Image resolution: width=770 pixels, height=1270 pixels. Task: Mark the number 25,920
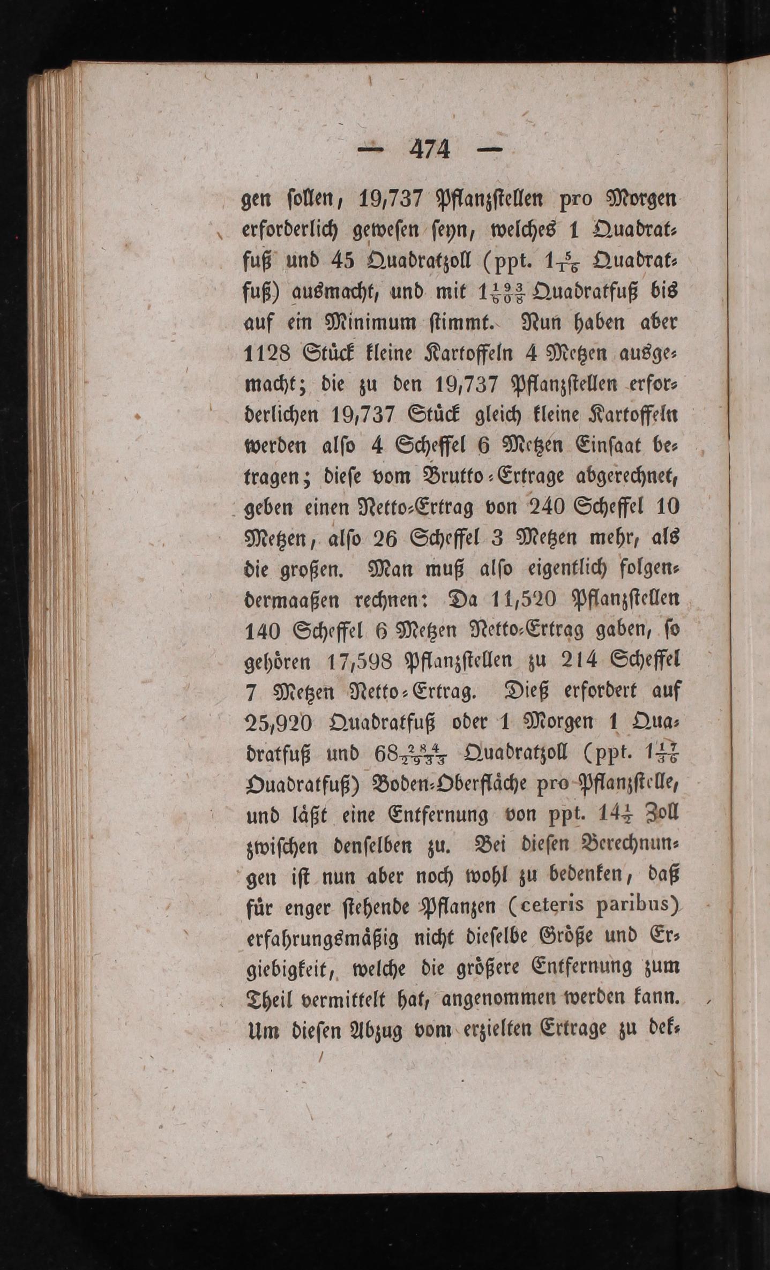coord(278,723)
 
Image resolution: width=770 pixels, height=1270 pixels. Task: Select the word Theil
coord(266,999)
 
